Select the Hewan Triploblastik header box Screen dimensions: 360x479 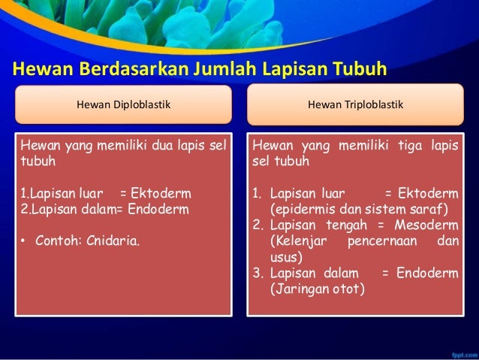(x=355, y=105)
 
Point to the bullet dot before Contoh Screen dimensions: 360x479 (x=24, y=242)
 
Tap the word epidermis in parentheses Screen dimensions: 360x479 (x=303, y=208)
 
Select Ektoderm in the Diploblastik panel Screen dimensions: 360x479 (x=161, y=193)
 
